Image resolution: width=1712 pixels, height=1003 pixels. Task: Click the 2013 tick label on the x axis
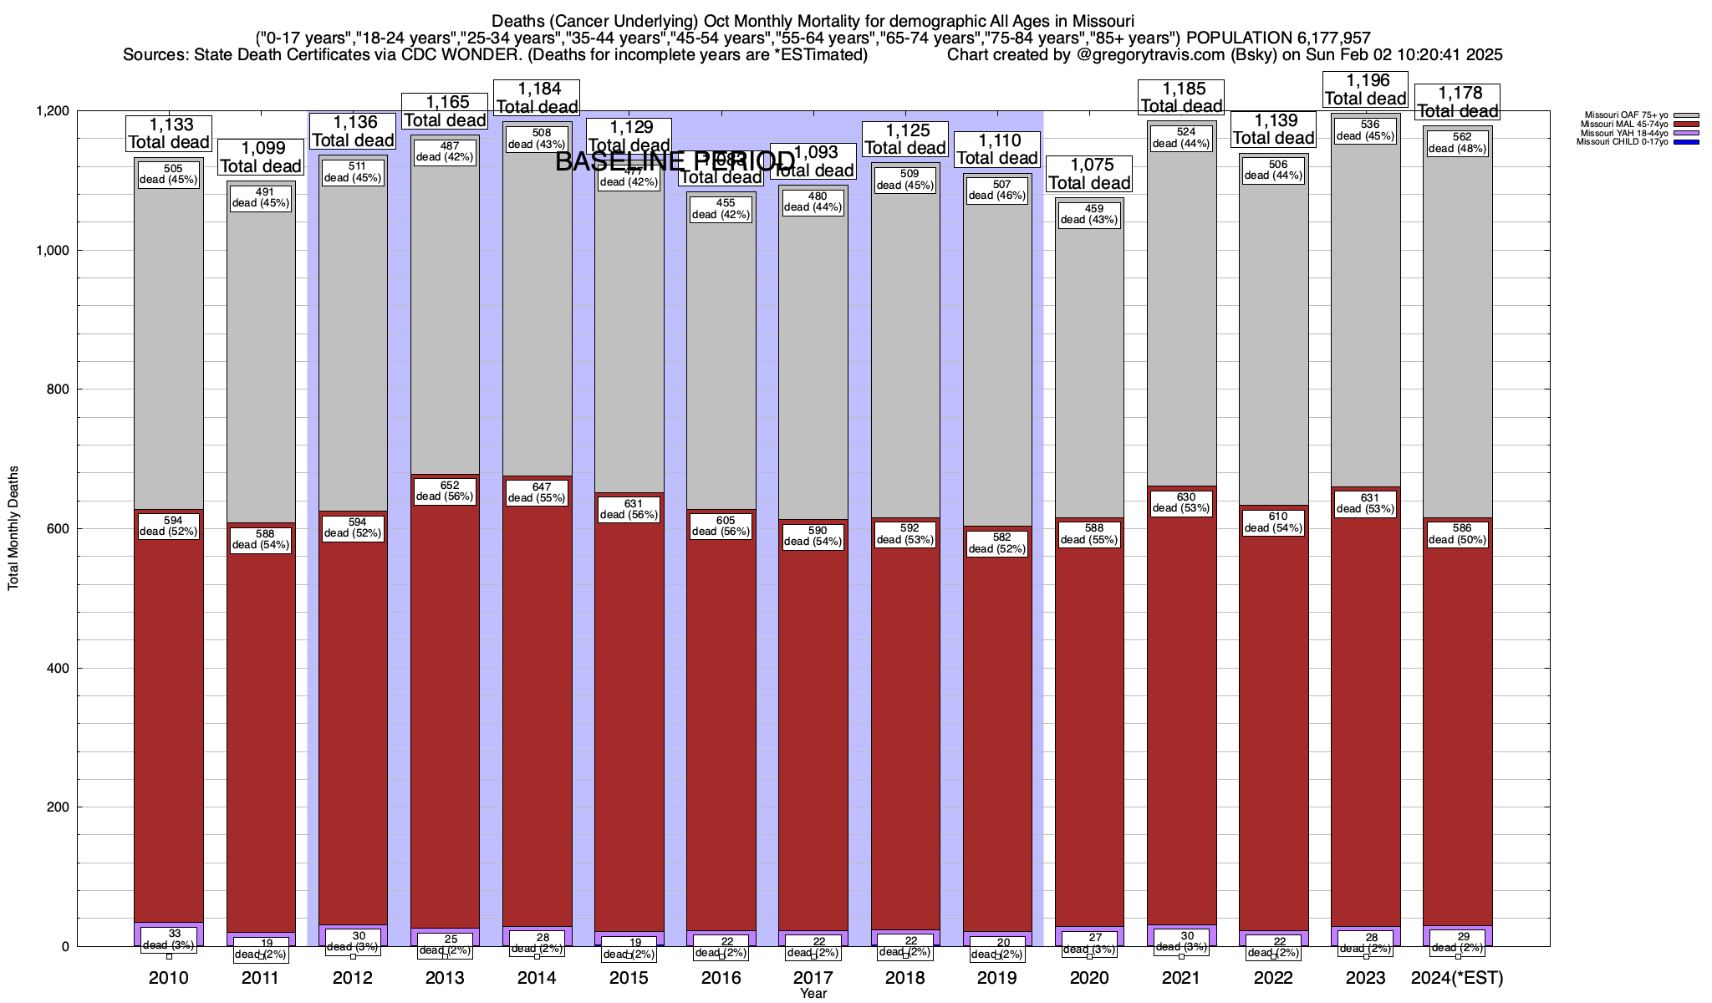coord(445,977)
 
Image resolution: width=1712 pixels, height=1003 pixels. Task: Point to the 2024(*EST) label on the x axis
coord(1456,977)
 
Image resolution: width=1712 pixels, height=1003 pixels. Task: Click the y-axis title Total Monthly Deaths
coord(13,528)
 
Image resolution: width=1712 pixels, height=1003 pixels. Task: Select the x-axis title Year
coord(813,993)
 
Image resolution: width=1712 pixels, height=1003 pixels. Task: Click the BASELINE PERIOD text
coord(675,161)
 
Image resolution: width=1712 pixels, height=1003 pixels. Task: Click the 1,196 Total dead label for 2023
coord(1365,89)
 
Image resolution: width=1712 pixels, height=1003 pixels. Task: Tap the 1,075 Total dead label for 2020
coord(1089,174)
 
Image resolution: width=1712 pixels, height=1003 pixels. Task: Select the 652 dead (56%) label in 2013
coord(445,491)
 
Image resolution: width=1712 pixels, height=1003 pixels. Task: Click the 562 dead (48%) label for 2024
coord(1457,143)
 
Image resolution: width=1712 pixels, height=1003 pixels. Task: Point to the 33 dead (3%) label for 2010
coord(169,939)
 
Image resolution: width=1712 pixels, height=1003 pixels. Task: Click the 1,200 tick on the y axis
coord(51,111)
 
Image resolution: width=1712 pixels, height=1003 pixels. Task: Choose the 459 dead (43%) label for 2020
coord(1089,214)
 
